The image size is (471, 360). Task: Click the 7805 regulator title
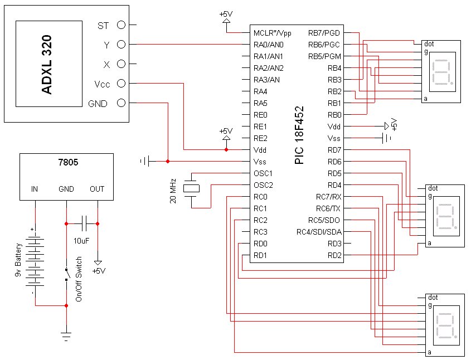[x=69, y=163]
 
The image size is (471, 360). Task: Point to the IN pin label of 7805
[x=35, y=189]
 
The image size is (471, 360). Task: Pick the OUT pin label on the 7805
[x=97, y=189]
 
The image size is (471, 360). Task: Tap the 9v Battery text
[x=18, y=260]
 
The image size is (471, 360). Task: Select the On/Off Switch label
[x=78, y=279]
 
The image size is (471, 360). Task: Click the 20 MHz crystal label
[x=173, y=191]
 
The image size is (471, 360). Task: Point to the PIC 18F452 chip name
[x=299, y=135]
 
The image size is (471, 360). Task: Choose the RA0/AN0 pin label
[x=268, y=45]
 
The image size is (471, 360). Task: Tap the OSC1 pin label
[x=263, y=173]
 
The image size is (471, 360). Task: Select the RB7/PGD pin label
[x=325, y=33]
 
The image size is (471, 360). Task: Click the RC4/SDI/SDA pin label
[x=318, y=232]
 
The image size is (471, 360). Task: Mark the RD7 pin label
[x=334, y=150]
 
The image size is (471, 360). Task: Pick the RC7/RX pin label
[x=329, y=197]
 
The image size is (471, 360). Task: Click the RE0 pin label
[x=260, y=115]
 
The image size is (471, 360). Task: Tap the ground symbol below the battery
[x=66, y=335]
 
